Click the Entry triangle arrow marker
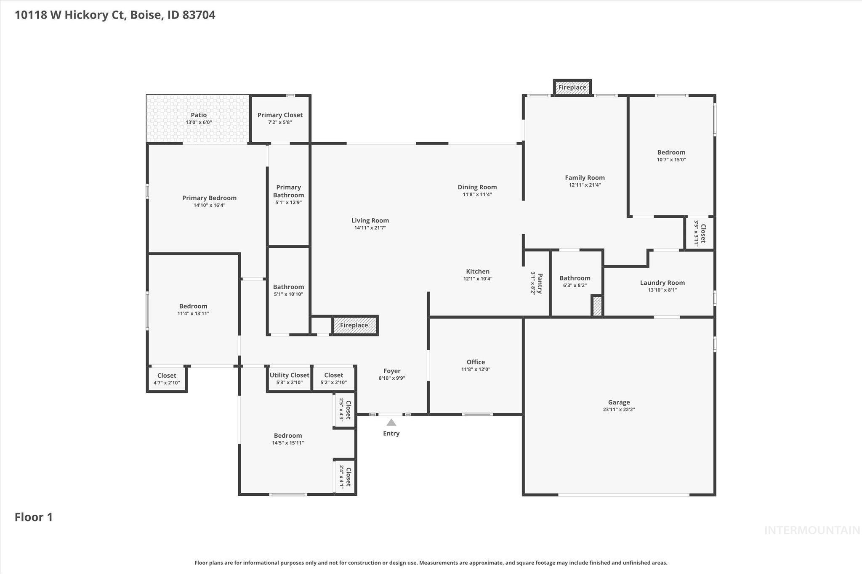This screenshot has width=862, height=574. point(391,423)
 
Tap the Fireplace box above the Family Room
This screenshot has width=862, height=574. point(572,87)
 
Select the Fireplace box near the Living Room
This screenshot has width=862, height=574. point(354,325)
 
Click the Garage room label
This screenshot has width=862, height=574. point(618,402)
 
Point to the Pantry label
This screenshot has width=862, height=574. point(540,283)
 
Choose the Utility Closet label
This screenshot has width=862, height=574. point(289,375)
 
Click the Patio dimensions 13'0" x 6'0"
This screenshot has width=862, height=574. point(199,122)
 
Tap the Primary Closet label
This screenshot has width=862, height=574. point(280,115)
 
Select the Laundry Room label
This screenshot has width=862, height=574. point(662,283)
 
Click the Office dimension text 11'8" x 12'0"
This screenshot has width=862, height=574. point(476,369)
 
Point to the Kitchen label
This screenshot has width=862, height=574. point(477,271)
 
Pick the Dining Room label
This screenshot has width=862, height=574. point(477,187)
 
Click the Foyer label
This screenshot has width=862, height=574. point(391,371)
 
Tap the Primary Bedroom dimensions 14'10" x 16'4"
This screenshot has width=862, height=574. point(209,205)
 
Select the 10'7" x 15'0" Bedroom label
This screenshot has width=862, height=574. point(671,152)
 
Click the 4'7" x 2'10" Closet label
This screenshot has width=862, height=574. point(167,376)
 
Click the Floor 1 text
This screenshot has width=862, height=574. point(34,517)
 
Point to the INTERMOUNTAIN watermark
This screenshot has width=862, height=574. point(811,530)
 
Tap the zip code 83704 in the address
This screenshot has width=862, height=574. point(199,15)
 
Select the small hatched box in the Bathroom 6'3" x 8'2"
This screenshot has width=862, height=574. point(597,306)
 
